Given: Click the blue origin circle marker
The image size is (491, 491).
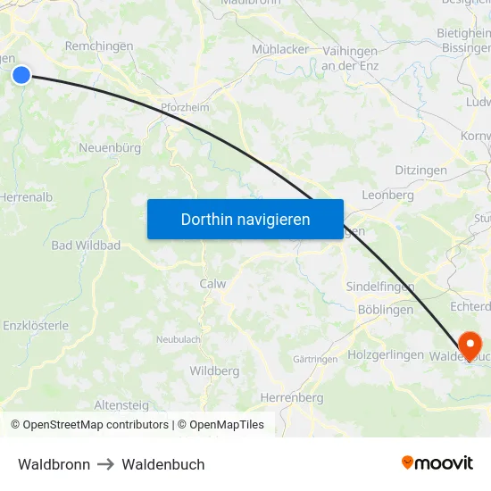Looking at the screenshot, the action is tap(21, 76).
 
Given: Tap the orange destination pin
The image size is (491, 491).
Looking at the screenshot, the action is tap(469, 344).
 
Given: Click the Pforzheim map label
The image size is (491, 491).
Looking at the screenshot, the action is tap(185, 107).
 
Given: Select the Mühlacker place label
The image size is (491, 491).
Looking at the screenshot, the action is tap(279, 49).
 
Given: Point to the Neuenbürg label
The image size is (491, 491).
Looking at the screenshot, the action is tap(110, 147).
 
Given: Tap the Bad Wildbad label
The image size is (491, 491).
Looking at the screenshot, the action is tap(86, 245).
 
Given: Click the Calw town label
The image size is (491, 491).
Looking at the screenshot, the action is tap(212, 284).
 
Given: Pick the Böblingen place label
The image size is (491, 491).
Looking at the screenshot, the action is tap(385, 310).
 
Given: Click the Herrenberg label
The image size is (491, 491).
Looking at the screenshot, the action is tap(291, 397).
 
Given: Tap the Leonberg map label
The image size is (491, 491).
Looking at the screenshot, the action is tap(387, 195).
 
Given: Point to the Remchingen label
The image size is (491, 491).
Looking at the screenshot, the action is tap(99, 46).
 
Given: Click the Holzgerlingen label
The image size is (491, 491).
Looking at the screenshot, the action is tap(385, 354).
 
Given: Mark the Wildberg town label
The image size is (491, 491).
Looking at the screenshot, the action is tap(214, 370).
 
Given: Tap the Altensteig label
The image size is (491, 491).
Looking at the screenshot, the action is tap(121, 404).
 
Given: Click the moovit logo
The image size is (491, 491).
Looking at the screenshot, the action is tap(437, 462).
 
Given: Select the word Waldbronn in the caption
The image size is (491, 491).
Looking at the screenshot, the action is tap(54, 464).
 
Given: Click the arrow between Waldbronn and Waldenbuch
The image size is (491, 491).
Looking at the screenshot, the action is tap(105, 464).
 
